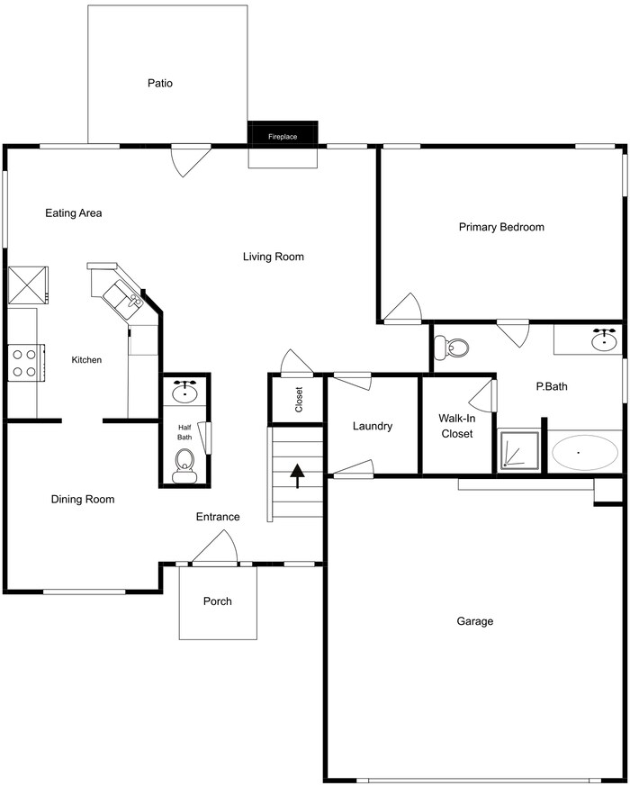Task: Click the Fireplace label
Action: click(283, 137)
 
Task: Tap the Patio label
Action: click(160, 83)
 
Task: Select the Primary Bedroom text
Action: click(501, 227)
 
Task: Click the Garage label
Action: click(474, 621)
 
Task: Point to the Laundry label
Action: click(372, 426)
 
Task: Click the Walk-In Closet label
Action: click(455, 426)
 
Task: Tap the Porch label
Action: click(217, 601)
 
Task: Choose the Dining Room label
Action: click(83, 499)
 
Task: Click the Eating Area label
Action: click(74, 213)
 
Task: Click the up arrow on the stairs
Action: click(297, 473)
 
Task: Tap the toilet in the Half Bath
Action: click(185, 462)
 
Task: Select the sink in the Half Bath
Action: click(186, 391)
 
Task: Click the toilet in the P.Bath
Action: click(451, 348)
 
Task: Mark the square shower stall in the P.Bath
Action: click(520, 451)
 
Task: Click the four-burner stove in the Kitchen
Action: click(23, 362)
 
